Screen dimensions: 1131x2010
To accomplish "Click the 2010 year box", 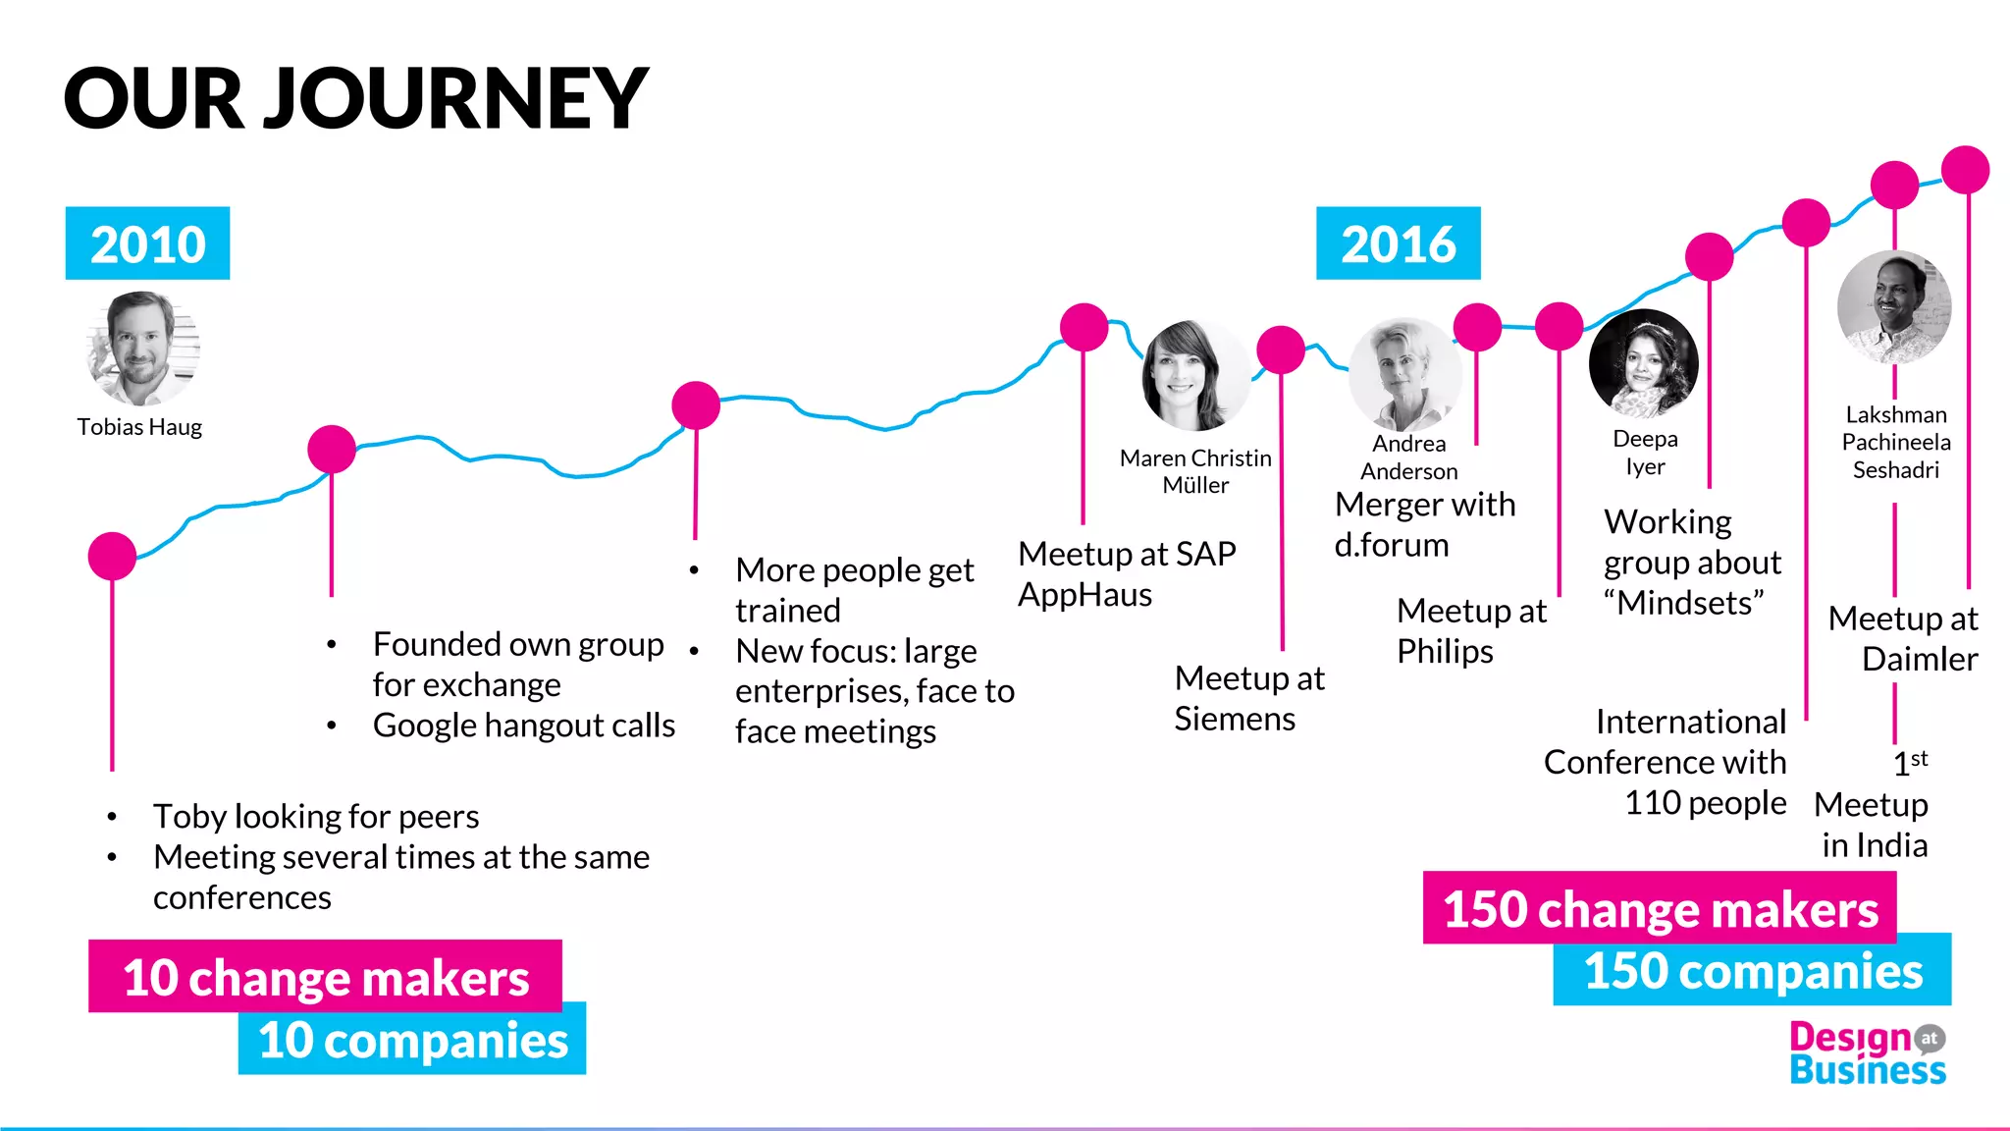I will (x=147, y=243).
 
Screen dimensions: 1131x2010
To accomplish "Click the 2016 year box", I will (x=1398, y=243).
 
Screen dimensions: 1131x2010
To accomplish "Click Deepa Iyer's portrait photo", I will (x=1644, y=364).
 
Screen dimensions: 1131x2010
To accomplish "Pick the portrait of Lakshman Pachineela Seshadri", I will (x=1894, y=307).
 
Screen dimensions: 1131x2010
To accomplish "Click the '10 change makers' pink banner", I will (x=325, y=977).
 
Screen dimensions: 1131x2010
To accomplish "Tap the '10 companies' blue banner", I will (x=412, y=1039).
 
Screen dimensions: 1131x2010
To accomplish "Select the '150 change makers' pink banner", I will (x=1660, y=908).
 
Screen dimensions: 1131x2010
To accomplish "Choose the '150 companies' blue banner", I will (x=1753, y=970).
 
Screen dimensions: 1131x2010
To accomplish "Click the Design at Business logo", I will (x=1866, y=1053).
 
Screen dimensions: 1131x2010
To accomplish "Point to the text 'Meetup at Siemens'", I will (x=1248, y=698).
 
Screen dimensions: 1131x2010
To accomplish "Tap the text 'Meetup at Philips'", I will (x=1470, y=630).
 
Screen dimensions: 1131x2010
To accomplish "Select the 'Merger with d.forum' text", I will (x=1424, y=524).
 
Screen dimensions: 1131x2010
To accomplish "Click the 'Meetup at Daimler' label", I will (x=1903, y=638).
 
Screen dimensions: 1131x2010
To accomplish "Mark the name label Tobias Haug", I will (x=139, y=427).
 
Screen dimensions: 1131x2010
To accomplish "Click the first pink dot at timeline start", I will (x=112, y=557).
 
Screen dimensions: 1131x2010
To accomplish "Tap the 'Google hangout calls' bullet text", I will (x=523, y=726).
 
